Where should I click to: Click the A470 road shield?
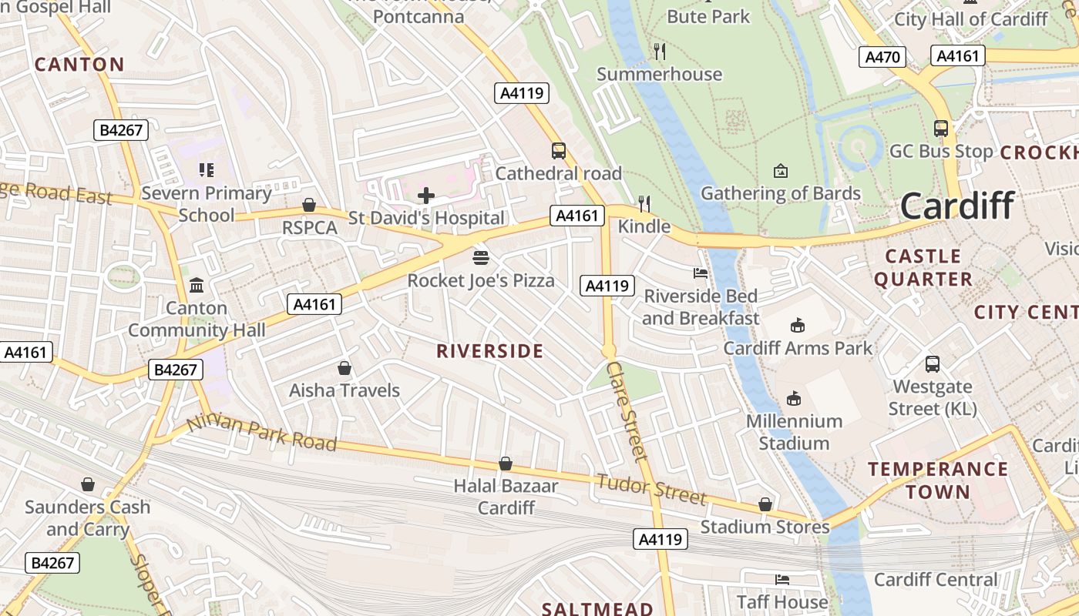pos(883,57)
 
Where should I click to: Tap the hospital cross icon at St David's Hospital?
pos(425,196)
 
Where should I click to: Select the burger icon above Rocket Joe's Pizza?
pos(481,257)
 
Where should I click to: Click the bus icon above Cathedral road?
pos(559,151)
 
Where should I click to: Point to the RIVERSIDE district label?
pos(490,352)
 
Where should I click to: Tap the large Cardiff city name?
pos(956,206)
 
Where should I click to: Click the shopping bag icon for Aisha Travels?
pos(345,368)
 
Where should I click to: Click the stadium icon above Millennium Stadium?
pos(794,398)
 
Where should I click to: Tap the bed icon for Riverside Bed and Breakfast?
pos(701,273)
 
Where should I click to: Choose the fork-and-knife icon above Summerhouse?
pos(660,52)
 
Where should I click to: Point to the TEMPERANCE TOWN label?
pos(938,480)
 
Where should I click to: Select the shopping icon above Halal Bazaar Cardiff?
pos(506,464)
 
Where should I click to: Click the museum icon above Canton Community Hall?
pos(197,286)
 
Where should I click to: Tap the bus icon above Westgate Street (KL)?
pos(933,363)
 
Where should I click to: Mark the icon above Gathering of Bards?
pos(781,170)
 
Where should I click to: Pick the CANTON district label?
pos(79,65)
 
